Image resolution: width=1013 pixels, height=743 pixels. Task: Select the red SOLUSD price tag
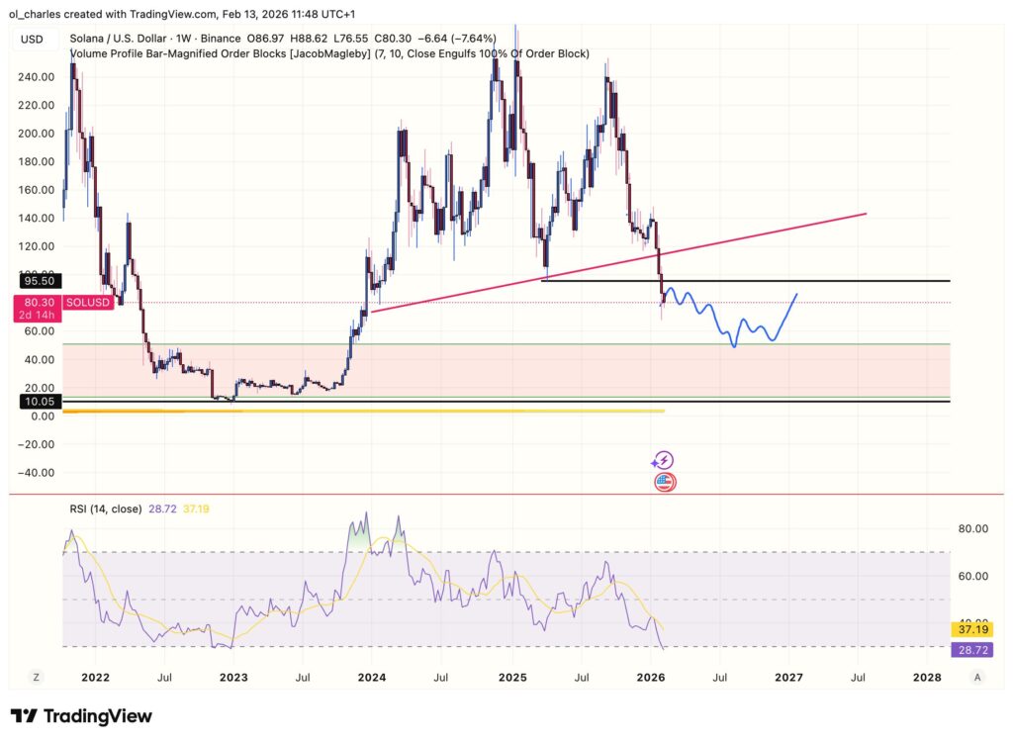pos(88,302)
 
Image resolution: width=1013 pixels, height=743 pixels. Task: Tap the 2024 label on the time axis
pos(371,678)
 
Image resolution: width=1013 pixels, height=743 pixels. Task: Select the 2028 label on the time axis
pos(927,678)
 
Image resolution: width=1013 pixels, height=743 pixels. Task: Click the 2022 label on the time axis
pos(95,678)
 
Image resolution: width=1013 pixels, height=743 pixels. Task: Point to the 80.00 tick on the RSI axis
pos(970,528)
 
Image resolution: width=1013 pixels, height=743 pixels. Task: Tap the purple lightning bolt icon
pos(664,460)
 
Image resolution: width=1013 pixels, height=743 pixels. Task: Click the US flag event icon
pos(665,483)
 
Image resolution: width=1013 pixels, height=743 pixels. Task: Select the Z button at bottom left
pos(36,678)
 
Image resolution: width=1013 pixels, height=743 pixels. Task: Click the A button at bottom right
pos(977,678)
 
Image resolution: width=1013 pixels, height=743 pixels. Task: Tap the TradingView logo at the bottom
pos(81,716)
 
